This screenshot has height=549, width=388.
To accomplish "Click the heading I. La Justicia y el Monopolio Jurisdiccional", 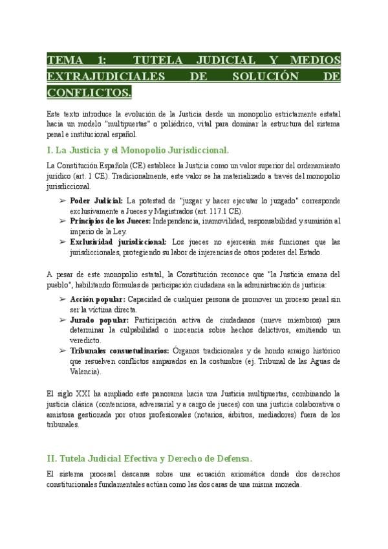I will [x=138, y=150].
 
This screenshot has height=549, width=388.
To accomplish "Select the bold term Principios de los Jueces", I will [x=110, y=221].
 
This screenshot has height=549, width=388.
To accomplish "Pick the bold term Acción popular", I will [x=97, y=300].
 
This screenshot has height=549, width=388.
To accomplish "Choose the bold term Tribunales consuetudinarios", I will [x=122, y=350].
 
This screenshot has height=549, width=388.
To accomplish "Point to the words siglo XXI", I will [x=70, y=394].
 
